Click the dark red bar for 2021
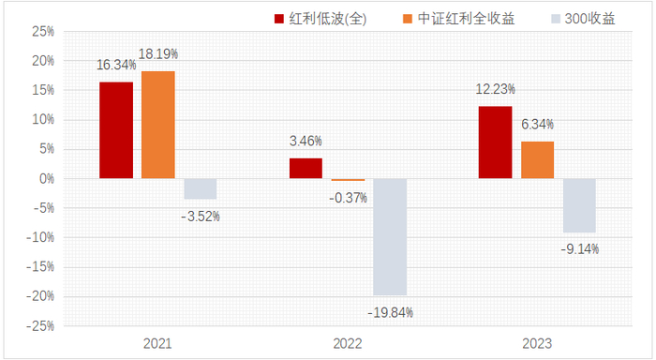(116, 130)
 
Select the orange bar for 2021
(158, 125)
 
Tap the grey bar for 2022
(390, 236)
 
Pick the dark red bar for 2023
(496, 142)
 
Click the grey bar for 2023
(579, 205)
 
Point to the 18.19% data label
(158, 54)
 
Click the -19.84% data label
(390, 311)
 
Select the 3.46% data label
(306, 142)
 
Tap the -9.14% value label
(579, 248)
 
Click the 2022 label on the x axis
(348, 344)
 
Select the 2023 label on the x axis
(537, 344)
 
